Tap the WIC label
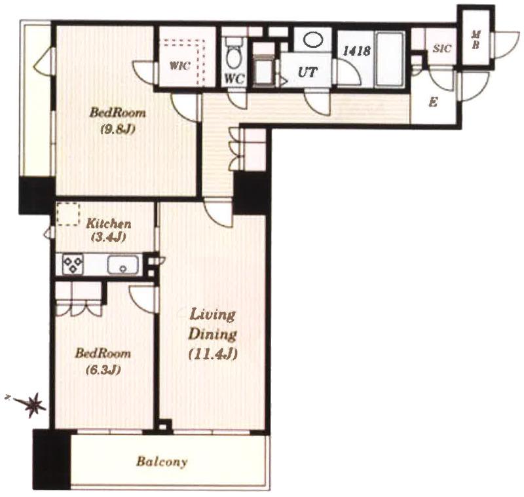(179, 65)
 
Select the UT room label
(307, 72)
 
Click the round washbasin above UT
(314, 39)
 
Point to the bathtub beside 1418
(390, 59)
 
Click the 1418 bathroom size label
(357, 50)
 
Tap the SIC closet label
(441, 48)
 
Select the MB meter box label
(476, 39)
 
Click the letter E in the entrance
(434, 102)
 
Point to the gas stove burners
(73, 265)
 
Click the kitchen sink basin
(122, 265)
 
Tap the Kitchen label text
(109, 223)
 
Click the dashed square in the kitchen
(68, 213)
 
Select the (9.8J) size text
(118, 129)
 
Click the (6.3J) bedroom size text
(103, 370)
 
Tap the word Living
(213, 314)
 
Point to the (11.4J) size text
(213, 354)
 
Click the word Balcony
(162, 462)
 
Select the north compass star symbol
(33, 405)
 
